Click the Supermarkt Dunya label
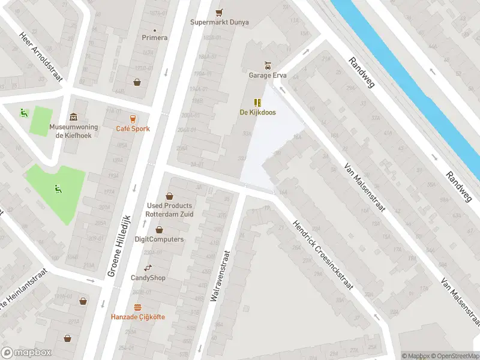click(219, 22)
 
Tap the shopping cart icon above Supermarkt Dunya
click(219, 11)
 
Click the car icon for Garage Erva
click(268, 65)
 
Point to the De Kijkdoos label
click(258, 112)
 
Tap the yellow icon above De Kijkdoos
click(258, 102)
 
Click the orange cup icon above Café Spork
click(133, 119)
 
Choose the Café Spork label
click(133, 129)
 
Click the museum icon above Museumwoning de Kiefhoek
click(73, 116)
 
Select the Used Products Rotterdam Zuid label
click(170, 209)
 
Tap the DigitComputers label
click(159, 239)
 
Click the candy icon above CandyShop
click(148, 268)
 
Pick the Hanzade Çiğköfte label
click(137, 317)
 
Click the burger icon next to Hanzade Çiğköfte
click(137, 307)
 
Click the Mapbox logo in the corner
click(26, 353)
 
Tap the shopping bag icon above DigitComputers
click(159, 229)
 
